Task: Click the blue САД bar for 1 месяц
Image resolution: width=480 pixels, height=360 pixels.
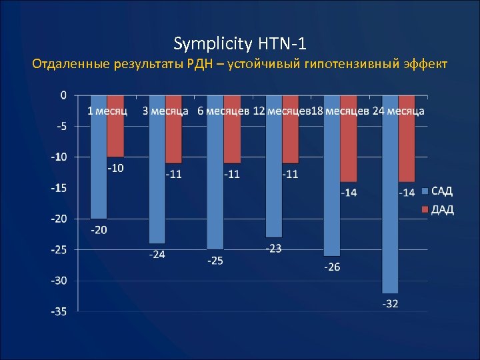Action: click(x=98, y=167)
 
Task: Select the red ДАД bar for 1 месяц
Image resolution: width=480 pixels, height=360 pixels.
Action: click(x=115, y=137)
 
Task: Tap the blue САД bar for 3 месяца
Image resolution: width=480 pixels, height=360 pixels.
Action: click(x=157, y=180)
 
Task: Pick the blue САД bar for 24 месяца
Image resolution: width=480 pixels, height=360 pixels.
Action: click(x=390, y=200)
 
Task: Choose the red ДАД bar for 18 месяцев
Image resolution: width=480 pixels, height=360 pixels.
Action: click(x=349, y=150)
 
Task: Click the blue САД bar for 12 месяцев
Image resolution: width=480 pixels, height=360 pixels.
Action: click(x=273, y=177)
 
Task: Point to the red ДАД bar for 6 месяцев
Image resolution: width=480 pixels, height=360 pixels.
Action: click(x=232, y=140)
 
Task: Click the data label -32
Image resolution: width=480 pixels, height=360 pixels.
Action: click(x=391, y=304)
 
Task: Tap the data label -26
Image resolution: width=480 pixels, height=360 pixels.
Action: click(x=332, y=267)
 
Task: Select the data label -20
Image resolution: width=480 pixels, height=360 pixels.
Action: click(x=99, y=230)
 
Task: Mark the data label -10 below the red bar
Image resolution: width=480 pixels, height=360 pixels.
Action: click(x=115, y=168)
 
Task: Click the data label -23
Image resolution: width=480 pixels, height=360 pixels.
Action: click(x=273, y=248)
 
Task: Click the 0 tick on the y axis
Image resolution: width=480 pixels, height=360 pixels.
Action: click(x=63, y=95)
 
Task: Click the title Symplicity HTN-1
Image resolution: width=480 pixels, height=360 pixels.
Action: click(x=240, y=44)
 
